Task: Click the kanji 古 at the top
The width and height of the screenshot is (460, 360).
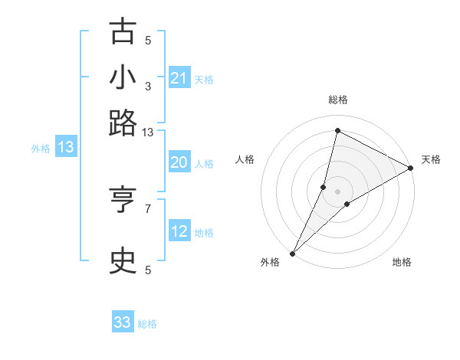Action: [x=123, y=32]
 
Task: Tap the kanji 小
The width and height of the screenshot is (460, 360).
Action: [x=123, y=78]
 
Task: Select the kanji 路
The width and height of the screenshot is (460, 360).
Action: [x=123, y=123]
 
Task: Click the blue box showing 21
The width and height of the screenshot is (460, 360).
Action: [x=179, y=78]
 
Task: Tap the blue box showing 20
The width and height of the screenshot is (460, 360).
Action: [x=179, y=162]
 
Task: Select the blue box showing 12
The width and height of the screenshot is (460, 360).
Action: [x=179, y=231]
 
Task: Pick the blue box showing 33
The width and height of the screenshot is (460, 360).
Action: [x=123, y=322]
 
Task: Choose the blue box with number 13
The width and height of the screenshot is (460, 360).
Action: [x=66, y=147]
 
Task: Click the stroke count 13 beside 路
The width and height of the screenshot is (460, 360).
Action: [x=148, y=133]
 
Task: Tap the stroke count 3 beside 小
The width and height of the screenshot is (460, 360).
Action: [x=148, y=87]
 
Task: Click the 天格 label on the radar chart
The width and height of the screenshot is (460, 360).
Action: [x=431, y=159]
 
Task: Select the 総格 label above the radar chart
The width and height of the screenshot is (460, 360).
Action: [x=338, y=100]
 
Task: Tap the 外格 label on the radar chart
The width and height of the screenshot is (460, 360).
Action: [x=270, y=262]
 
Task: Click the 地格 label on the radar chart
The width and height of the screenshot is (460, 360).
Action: [x=402, y=262]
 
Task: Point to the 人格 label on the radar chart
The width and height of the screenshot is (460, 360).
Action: [x=245, y=159]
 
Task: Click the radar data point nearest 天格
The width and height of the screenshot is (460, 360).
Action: [x=410, y=169]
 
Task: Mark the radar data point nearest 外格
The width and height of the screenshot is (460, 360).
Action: [x=292, y=254]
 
